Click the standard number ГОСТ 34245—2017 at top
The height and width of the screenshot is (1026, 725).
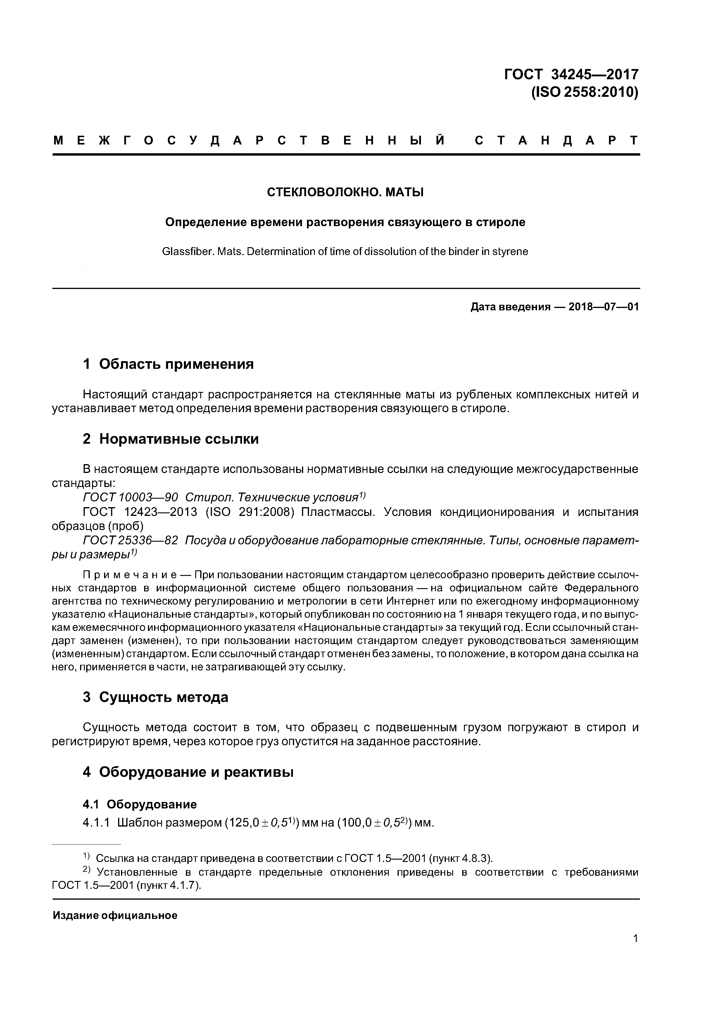coord(571,74)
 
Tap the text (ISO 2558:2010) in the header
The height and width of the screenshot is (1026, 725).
coord(585,92)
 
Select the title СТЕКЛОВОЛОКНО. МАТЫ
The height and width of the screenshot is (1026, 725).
coord(345,192)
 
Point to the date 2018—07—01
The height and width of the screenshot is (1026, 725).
coord(603,307)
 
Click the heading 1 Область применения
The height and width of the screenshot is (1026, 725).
coord(168,364)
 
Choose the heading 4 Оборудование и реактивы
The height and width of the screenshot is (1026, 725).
coord(188,772)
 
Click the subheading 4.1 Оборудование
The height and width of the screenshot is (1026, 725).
coord(140,804)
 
